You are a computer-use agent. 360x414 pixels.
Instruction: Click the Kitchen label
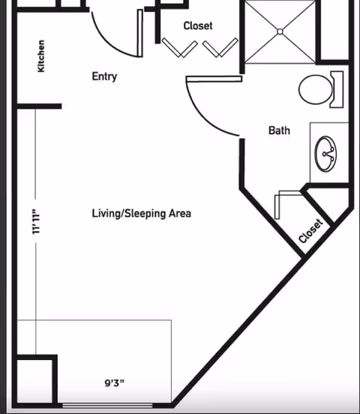tap(41, 56)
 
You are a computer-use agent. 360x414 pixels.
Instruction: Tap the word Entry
tap(104, 76)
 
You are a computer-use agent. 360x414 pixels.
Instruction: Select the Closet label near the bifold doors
tap(198, 25)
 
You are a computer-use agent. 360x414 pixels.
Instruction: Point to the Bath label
tap(279, 130)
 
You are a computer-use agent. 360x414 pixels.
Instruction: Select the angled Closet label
tap(310, 231)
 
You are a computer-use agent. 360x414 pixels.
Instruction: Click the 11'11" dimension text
tap(36, 221)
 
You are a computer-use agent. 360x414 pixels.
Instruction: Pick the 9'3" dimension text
tap(115, 382)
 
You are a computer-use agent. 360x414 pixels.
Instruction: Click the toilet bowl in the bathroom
tap(315, 89)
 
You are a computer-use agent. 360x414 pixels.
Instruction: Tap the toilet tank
tap(337, 89)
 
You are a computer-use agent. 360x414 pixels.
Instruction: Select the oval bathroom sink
tap(325, 154)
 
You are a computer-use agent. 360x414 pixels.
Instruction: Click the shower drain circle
tap(280, 31)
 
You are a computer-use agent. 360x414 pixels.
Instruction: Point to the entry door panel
tap(140, 33)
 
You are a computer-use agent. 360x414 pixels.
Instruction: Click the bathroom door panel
tap(214, 79)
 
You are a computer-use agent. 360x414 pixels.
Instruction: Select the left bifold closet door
tap(179, 48)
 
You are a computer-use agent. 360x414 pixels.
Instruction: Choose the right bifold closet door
tap(220, 48)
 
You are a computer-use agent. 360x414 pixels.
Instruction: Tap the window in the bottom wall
tap(107, 405)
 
